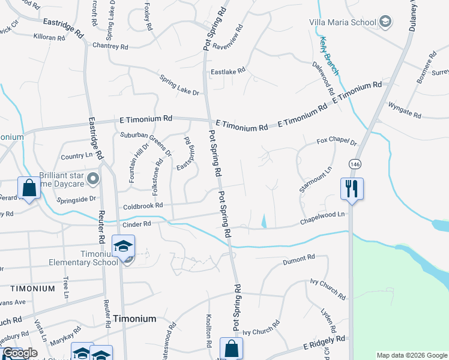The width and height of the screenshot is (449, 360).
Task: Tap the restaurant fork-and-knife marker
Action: (x=351, y=189)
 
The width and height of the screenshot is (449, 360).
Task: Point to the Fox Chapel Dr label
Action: (x=337, y=142)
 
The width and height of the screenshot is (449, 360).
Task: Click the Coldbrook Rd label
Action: (x=143, y=205)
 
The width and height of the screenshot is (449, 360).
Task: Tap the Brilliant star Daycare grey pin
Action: (x=92, y=178)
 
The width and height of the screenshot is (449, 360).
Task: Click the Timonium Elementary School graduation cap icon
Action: (x=124, y=246)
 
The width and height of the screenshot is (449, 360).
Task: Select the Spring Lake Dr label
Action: (x=179, y=85)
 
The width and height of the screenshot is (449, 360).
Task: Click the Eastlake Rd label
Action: (x=228, y=71)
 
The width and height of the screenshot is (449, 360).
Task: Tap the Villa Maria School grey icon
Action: (x=386, y=22)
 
